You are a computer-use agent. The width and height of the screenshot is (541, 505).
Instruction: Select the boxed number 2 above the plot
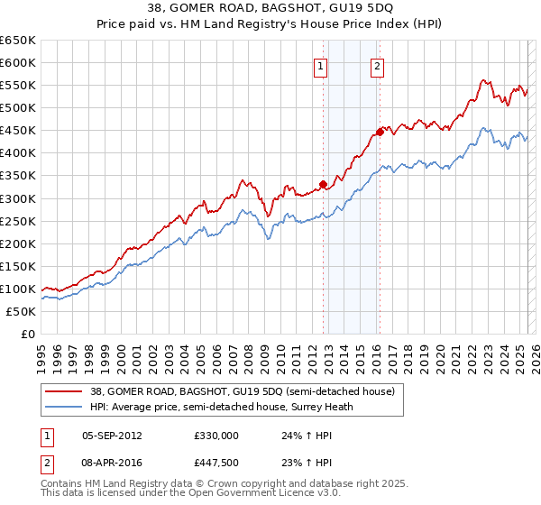(x=377, y=65)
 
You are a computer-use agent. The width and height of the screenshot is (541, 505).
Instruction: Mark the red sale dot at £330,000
(x=323, y=184)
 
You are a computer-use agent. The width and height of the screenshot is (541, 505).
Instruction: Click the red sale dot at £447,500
(x=380, y=132)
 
